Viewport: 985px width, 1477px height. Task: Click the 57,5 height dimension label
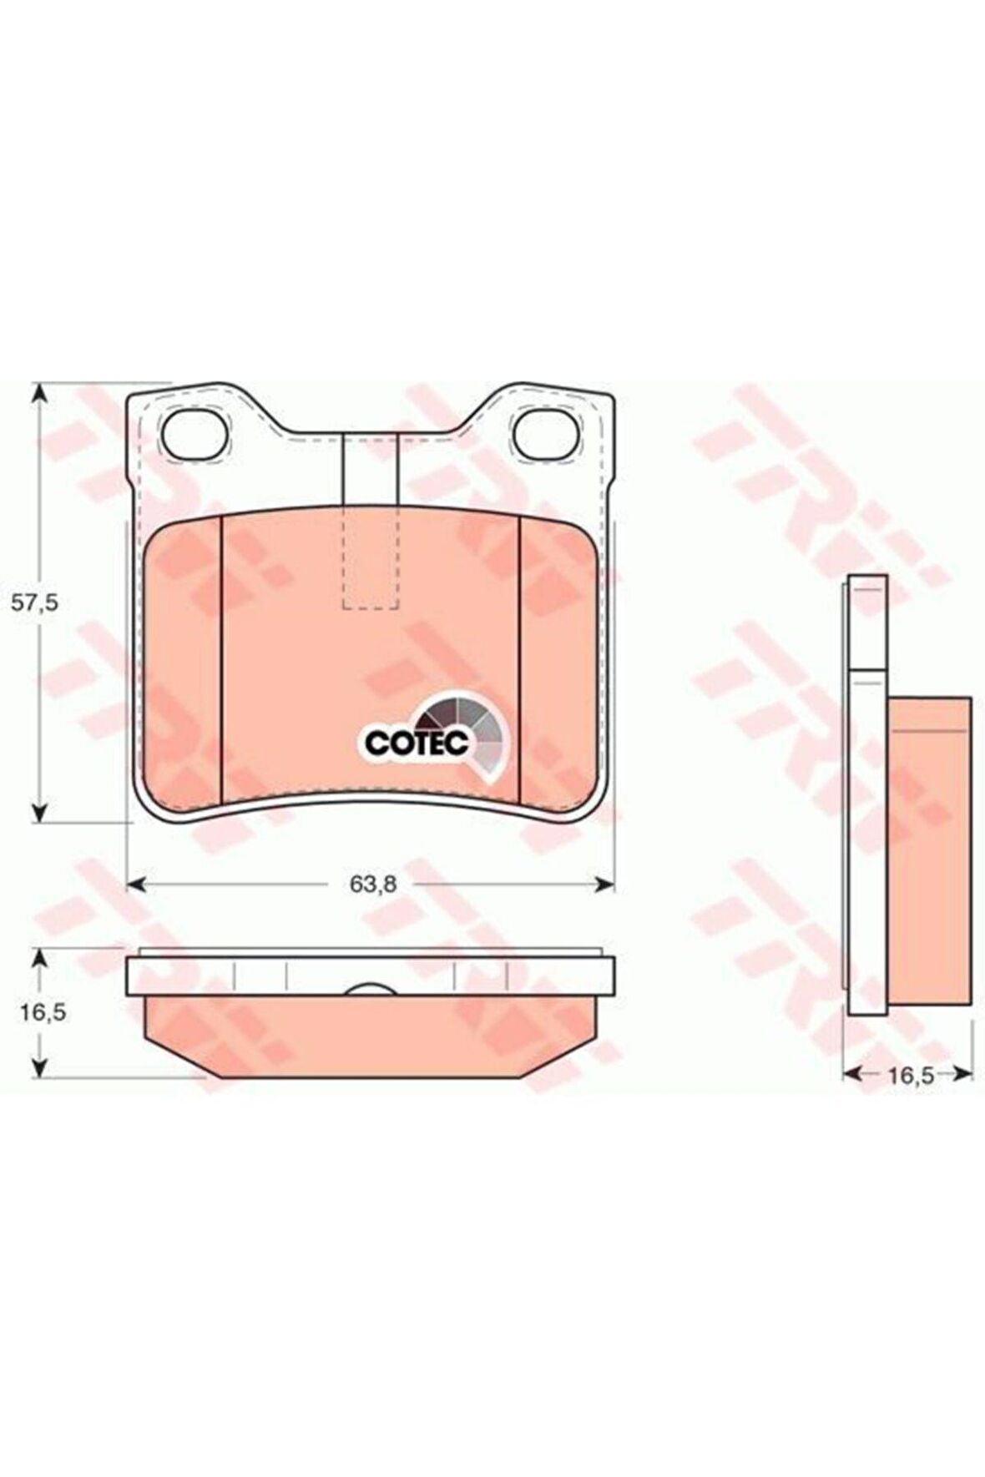coord(34,602)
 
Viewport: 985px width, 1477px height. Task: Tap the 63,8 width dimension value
coord(372,885)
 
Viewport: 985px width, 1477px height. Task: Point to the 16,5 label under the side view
coord(909,1076)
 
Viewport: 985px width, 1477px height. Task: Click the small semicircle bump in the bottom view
coord(371,989)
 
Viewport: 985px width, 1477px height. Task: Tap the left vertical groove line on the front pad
coord(221,659)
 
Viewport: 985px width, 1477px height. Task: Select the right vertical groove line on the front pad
coord(520,659)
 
